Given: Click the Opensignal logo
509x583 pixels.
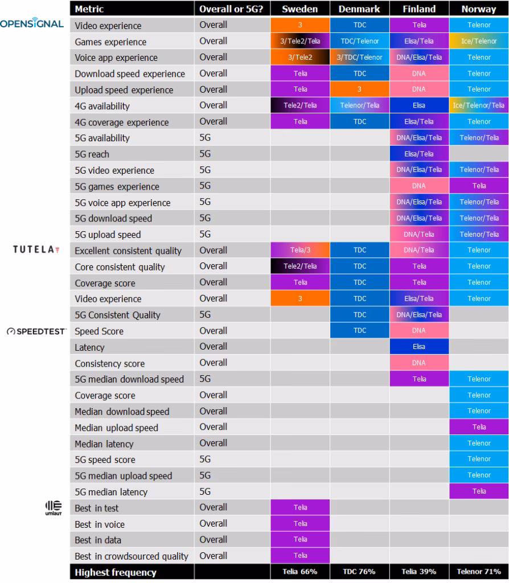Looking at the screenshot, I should pos(32,24).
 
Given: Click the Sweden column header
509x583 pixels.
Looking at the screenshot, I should pos(299,9).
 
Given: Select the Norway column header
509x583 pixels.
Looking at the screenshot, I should pos(478,9).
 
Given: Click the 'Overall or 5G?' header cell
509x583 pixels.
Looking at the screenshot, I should pos(231,9).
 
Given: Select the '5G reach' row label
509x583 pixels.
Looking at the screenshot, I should pos(92,154).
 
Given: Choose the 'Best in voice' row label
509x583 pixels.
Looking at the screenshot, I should pos(100,524).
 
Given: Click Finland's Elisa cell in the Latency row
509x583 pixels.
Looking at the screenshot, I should pos(418,347).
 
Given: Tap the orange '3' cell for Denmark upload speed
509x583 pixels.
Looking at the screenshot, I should pos(359,89).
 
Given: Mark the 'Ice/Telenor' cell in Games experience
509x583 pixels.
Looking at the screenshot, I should pos(478,42).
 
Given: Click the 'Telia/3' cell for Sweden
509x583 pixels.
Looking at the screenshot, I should pos(299,251).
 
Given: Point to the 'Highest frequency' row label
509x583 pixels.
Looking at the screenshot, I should pos(116,572).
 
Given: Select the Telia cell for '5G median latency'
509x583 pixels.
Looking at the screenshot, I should pos(478,491).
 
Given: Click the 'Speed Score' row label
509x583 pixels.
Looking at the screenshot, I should pos(99,331).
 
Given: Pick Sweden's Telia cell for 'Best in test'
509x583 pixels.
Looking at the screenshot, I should pos(299,507).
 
